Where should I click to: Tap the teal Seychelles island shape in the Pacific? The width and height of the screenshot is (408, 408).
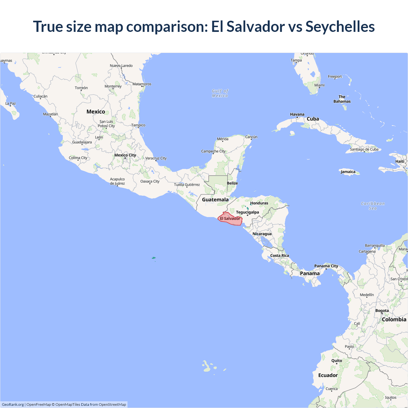[x=154, y=258]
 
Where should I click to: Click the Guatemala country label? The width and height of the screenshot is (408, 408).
[x=215, y=200]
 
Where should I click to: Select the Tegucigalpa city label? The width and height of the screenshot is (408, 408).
[x=247, y=212]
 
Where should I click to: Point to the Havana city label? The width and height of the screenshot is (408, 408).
[x=297, y=114]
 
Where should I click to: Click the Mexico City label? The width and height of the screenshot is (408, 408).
[x=125, y=155]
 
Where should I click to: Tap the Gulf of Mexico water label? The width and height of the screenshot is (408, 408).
[x=220, y=93]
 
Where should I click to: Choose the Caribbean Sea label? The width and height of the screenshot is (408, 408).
[x=373, y=206]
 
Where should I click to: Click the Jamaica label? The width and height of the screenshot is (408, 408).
[x=348, y=172]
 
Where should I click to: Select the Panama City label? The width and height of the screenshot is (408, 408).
[x=326, y=266]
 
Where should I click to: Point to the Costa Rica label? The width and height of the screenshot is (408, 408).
[x=280, y=256]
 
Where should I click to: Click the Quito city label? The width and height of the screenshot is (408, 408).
[x=337, y=361]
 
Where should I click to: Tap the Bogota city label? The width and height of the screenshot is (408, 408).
[x=382, y=311]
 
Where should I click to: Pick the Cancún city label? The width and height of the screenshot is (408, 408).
[x=251, y=137]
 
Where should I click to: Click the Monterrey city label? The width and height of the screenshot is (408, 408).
[x=113, y=86]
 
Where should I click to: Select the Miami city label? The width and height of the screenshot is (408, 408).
[x=319, y=85]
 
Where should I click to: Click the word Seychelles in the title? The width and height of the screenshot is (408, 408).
[x=340, y=26]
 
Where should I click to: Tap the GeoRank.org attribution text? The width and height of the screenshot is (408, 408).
[x=13, y=404]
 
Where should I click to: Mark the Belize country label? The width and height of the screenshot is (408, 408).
[x=232, y=183]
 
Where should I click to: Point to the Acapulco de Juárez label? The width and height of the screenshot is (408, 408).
[x=117, y=181]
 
